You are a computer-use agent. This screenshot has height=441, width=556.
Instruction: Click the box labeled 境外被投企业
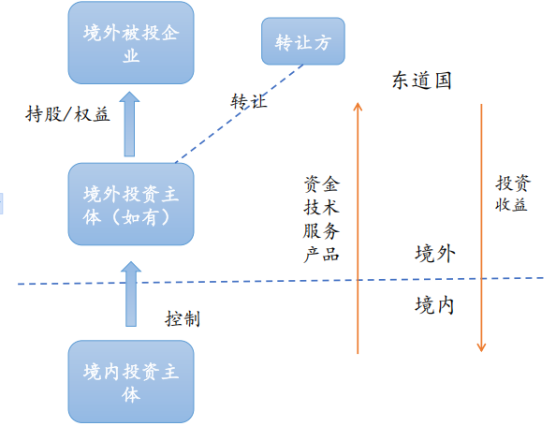[131, 43]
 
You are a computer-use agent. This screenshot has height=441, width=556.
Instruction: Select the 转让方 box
[303, 41]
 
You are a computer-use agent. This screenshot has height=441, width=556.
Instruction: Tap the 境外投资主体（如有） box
[131, 204]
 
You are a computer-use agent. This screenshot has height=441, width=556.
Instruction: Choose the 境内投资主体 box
[131, 381]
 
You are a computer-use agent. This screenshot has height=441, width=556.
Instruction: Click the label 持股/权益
[67, 114]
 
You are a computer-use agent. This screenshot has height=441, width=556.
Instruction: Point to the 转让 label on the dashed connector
[249, 101]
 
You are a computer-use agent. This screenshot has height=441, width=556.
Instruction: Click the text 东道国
[421, 81]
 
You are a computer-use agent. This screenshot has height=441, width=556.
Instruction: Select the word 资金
[322, 184]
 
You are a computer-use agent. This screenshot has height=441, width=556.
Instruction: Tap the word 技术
[322, 207]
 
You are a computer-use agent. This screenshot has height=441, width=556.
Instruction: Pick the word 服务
[322, 231]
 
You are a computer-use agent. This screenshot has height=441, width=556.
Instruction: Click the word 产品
[322, 255]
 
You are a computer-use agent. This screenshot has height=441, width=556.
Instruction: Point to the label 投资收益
[512, 194]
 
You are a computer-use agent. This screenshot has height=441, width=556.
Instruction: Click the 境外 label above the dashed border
[435, 254]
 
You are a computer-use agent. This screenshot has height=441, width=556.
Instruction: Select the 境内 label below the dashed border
[434, 305]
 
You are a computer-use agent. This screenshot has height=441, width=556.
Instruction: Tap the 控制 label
[183, 318]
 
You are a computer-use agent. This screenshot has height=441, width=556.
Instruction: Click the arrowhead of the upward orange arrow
[358, 106]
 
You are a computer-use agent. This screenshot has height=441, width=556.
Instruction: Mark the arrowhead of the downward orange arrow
[481, 347]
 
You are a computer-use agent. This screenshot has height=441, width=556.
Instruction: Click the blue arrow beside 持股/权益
[129, 125]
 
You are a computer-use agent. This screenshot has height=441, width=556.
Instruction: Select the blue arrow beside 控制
[131, 294]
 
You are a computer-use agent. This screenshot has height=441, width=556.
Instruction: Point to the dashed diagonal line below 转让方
[240, 113]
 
